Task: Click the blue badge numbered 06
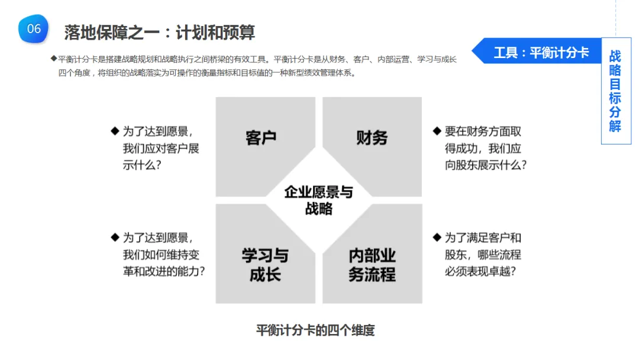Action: pos(34,29)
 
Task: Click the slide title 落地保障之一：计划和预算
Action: pos(159,32)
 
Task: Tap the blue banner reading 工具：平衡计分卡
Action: pos(541,53)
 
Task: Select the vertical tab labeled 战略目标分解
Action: pos(615,91)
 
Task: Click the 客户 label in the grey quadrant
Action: pos(261,138)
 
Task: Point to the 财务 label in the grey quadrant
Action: pos(372,138)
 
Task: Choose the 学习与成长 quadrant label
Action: pos(265,265)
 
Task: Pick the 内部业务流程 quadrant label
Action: pos(372,265)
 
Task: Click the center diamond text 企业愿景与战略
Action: pos(318,200)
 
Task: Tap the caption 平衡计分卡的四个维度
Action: pos(315,330)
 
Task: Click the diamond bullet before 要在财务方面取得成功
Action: pos(437,131)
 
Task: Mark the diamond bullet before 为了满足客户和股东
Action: pos(437,237)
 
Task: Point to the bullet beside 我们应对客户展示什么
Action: pos(115,131)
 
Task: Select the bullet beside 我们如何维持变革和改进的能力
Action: pos(115,237)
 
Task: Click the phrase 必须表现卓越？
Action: pos(480,272)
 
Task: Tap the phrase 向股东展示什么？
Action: pos(486,165)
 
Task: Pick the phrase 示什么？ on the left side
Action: pos(142,165)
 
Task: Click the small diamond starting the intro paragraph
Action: pos(54,59)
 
